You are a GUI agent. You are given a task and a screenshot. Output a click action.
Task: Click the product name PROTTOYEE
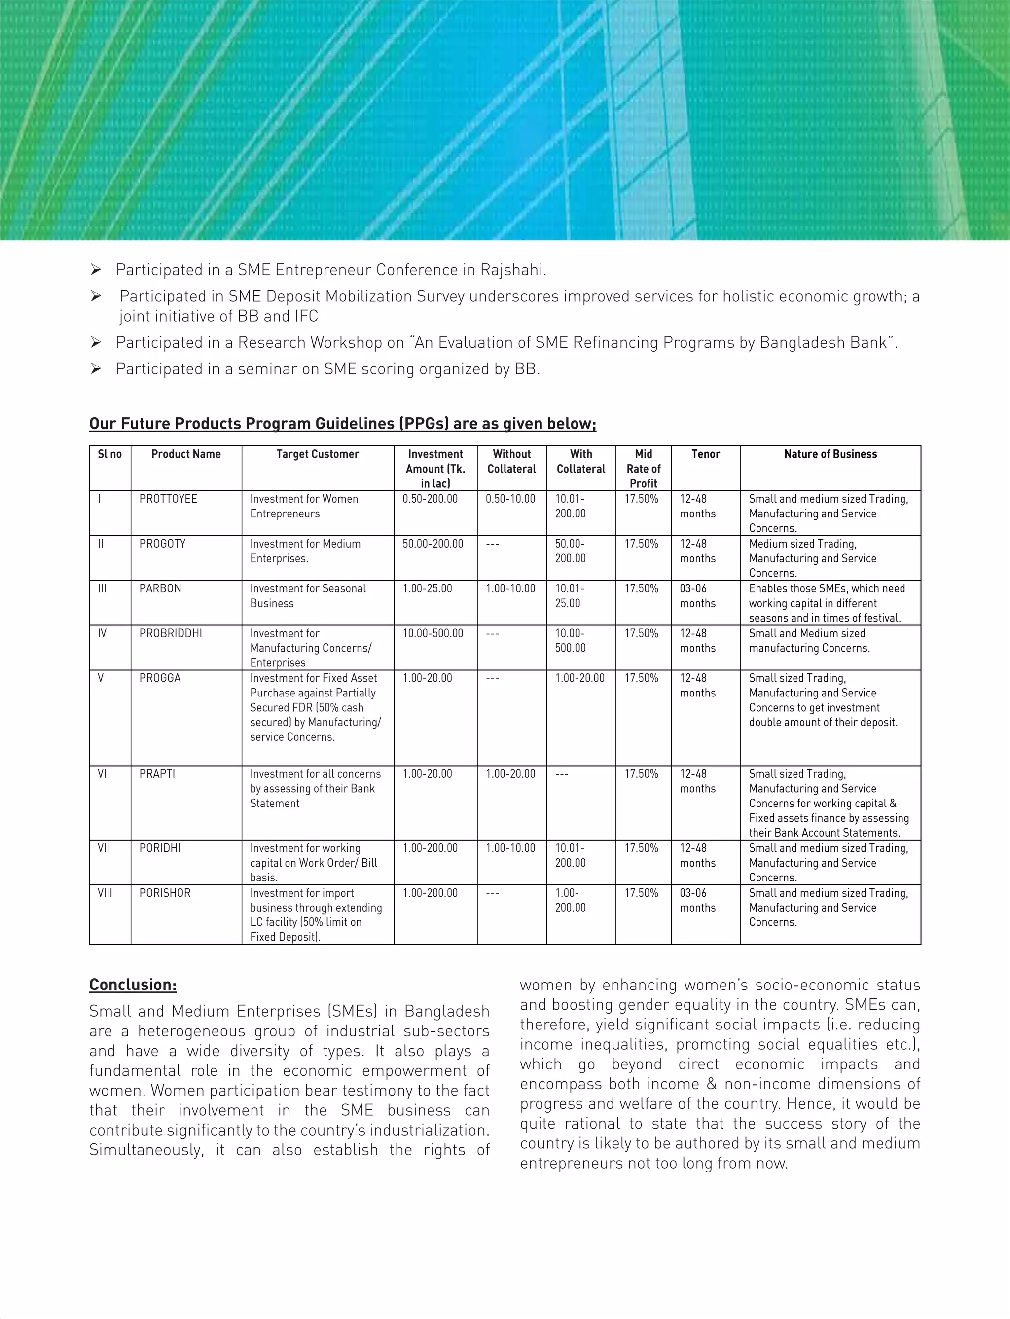pyautogui.click(x=168, y=499)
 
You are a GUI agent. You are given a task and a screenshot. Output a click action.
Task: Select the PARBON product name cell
pyautogui.click(x=160, y=588)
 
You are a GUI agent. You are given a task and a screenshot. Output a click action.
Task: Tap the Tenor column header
pyautogui.click(x=705, y=454)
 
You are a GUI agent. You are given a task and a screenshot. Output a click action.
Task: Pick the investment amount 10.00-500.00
pyautogui.click(x=433, y=634)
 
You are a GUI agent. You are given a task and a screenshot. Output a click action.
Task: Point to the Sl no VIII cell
pyautogui.click(x=105, y=893)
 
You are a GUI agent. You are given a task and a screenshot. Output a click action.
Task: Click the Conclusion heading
pyautogui.click(x=133, y=985)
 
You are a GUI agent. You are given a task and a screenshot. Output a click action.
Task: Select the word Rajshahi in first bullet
pyautogui.click(x=512, y=270)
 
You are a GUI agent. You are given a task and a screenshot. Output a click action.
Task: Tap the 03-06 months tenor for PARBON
pyautogui.click(x=697, y=596)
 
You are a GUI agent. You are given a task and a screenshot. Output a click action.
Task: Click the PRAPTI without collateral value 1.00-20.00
pyautogui.click(x=510, y=774)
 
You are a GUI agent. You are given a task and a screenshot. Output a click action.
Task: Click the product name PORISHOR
pyautogui.click(x=165, y=893)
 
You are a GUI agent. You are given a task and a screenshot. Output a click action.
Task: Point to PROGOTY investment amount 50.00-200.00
pyautogui.click(x=433, y=544)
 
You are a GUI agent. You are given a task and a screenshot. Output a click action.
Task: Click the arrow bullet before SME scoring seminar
pyautogui.click(x=96, y=369)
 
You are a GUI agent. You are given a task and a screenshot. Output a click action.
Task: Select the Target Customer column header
pyautogui.click(x=318, y=454)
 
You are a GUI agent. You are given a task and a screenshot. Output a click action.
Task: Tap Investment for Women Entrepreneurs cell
pyautogui.click(x=304, y=506)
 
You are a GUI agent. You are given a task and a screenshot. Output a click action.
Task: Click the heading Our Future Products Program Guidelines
pyautogui.click(x=342, y=424)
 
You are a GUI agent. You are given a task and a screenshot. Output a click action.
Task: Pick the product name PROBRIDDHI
pyautogui.click(x=171, y=634)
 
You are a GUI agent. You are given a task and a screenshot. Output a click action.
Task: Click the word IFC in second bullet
pyautogui.click(x=306, y=316)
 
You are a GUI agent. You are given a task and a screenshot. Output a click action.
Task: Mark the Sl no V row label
pyautogui.click(x=101, y=678)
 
